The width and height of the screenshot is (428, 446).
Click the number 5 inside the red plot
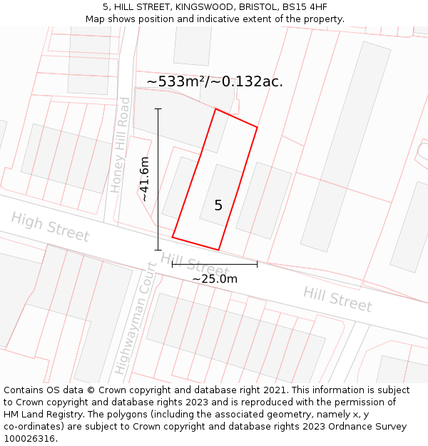[218, 206]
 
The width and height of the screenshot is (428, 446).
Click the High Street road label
[50, 226]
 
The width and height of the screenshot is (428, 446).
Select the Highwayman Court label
[133, 318]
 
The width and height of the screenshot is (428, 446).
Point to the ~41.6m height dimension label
[145, 179]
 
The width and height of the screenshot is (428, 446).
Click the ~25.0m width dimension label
[215, 278]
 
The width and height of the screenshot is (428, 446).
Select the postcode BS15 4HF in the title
[306, 6]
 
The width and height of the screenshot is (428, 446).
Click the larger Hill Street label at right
[337, 299]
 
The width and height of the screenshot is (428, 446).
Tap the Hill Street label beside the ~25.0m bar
[195, 262]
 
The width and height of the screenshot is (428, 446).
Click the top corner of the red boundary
[215, 109]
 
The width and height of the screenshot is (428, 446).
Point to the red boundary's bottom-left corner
[173, 237]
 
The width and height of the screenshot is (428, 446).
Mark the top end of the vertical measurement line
[158, 109]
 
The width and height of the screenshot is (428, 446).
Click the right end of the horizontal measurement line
[257, 265]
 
